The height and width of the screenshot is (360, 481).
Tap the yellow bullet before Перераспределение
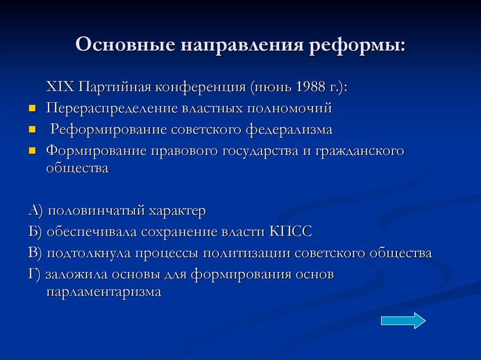click(32, 108)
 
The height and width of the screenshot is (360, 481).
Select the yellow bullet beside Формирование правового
click(32, 151)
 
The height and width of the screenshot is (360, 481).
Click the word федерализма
click(288, 130)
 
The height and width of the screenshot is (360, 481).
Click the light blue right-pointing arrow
click(403, 321)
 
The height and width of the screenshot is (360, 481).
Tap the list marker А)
click(36, 211)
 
